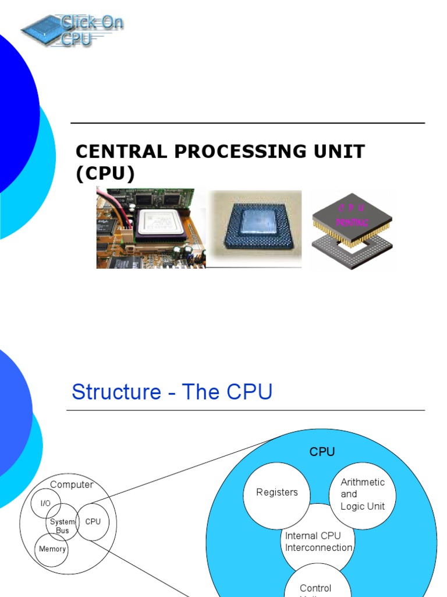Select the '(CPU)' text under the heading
pos(105,174)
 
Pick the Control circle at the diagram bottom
pos(315,586)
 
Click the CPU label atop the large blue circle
pos(322,452)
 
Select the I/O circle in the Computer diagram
pos(45,503)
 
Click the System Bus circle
pos(62,526)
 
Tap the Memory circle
pos(52,549)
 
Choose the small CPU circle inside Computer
pos(93,521)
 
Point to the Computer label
pos(72,485)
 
